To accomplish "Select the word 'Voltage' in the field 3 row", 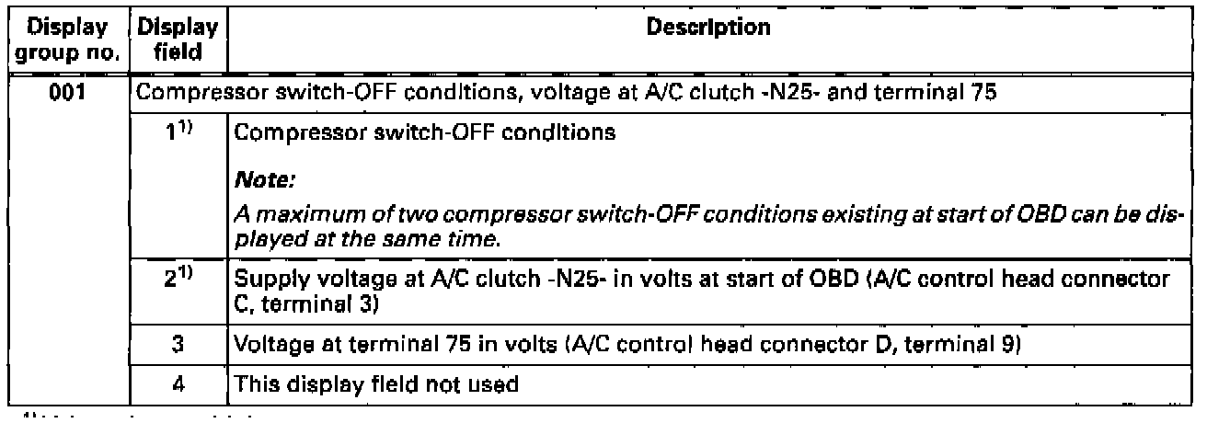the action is coord(264,349).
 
